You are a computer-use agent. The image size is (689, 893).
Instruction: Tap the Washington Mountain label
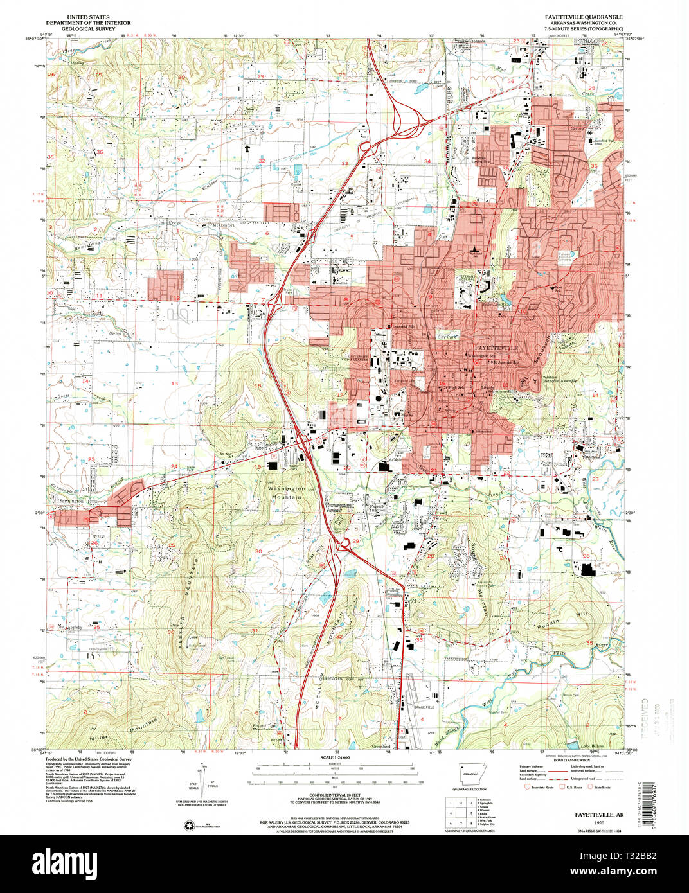point(287,493)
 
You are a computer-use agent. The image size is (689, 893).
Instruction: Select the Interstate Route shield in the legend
point(530,786)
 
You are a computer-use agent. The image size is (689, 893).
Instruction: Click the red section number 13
point(174,384)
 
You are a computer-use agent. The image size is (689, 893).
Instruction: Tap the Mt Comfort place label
point(220,225)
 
